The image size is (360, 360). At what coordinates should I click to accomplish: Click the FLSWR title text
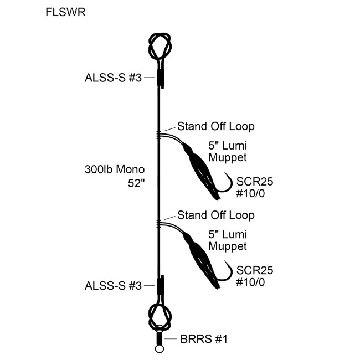click(66, 13)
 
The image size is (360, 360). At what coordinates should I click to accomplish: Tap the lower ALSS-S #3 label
click(113, 286)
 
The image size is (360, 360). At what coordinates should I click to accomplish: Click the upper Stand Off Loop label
click(216, 127)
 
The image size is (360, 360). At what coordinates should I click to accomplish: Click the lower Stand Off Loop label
click(216, 215)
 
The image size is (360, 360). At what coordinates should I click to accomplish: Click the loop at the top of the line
click(159, 45)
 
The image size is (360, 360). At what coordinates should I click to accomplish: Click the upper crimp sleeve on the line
click(160, 77)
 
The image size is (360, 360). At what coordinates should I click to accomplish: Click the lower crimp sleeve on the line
click(160, 287)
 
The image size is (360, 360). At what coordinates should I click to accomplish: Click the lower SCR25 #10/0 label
click(255, 275)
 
